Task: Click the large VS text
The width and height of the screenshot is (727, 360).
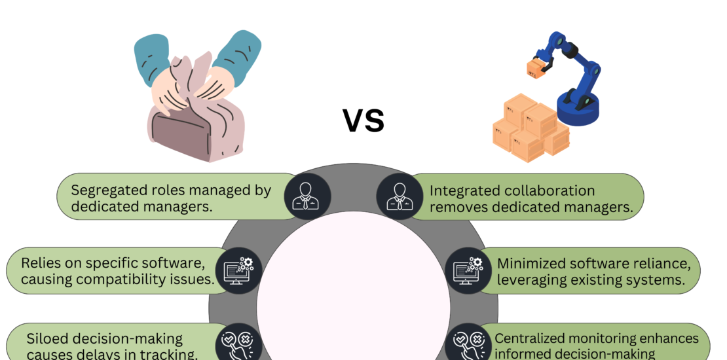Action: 363,120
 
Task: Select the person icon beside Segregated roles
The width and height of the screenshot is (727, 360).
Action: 307,196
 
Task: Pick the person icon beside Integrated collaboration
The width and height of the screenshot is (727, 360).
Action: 400,196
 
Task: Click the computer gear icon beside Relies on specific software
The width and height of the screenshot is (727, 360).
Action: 239,270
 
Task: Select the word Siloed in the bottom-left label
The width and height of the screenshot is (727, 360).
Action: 47,339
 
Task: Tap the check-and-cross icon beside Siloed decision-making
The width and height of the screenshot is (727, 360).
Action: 239,344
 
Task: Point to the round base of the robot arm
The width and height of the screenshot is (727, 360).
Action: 578,109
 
